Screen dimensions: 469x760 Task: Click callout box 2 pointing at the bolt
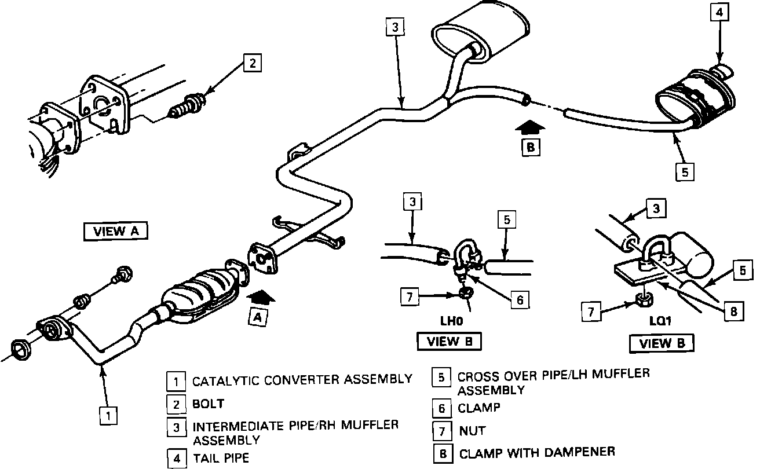coord(252,63)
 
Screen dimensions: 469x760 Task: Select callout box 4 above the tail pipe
coord(717,12)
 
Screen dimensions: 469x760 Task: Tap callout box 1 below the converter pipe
coord(107,415)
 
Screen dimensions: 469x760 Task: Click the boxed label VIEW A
coord(116,231)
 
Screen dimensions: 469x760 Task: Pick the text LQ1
coord(661,321)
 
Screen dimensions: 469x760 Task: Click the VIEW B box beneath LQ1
coord(662,343)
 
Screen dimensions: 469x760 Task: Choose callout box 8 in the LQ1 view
coord(733,312)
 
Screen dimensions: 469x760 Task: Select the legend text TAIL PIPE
coord(221,458)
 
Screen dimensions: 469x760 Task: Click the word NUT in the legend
coord(472,431)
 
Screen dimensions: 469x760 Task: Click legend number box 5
coord(441,377)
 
